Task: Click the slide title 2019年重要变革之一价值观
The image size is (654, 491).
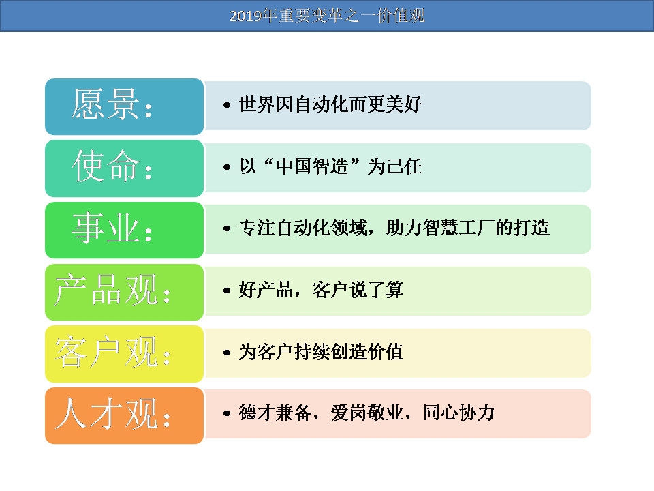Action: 326,16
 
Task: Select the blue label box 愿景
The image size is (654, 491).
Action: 124,106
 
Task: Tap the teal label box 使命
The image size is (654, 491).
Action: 124,168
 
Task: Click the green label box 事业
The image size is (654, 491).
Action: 124,230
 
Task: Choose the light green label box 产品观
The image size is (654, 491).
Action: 124,292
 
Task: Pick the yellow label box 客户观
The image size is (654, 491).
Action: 124,354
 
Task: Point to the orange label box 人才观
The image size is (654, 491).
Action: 124,415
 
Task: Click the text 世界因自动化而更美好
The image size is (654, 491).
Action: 330,104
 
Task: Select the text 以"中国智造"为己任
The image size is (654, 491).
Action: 330,166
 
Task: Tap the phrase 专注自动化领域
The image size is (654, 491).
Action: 302,228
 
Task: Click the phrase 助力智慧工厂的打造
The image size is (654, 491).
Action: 467,228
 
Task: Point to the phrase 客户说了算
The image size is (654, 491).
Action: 358,290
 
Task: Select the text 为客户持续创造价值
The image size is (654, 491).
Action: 321,352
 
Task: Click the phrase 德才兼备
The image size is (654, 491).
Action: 275,413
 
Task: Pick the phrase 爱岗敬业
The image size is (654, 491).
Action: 367,413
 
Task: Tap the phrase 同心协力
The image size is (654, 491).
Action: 458,413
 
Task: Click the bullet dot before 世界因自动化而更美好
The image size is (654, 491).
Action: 227,105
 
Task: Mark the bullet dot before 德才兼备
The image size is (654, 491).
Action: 227,414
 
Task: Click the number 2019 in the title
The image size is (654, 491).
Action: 246,16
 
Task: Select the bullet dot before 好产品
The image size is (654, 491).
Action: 227,291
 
